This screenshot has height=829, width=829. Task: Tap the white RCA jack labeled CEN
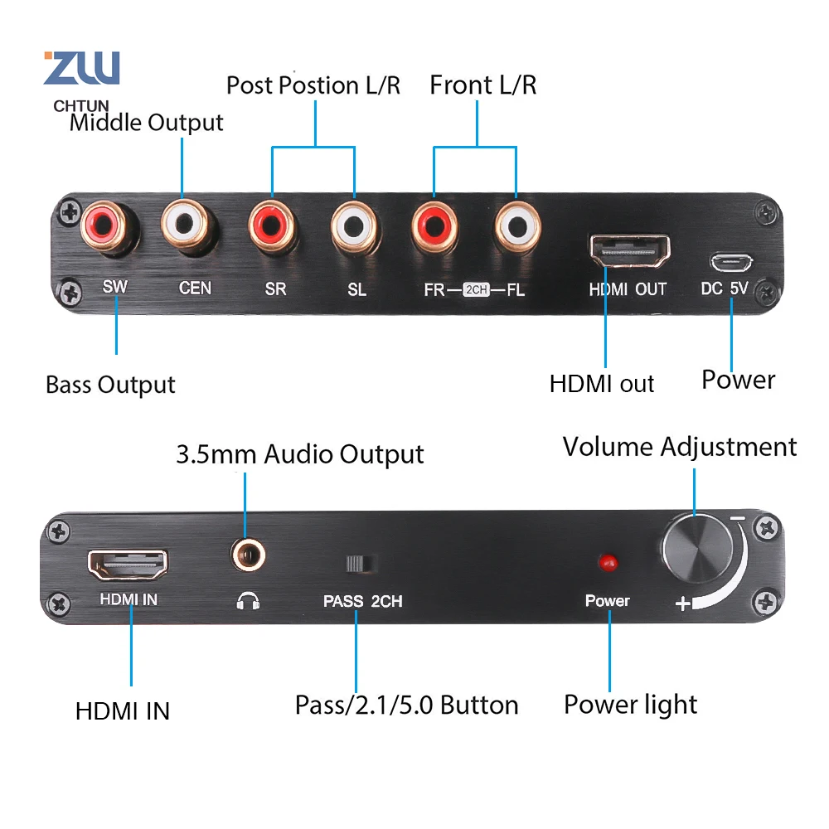click(x=191, y=224)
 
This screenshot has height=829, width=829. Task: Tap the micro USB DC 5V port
click(x=730, y=263)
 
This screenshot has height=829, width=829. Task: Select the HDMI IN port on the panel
click(x=128, y=565)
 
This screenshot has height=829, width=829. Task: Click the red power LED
click(x=608, y=563)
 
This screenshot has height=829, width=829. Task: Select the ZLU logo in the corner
click(x=81, y=68)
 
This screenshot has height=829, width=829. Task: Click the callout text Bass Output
click(x=110, y=385)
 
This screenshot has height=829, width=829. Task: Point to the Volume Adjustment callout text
click(x=680, y=447)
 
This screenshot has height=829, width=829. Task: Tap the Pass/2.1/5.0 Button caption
click(x=406, y=705)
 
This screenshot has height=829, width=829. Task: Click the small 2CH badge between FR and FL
click(x=476, y=291)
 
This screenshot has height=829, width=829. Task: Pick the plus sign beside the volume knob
click(x=683, y=604)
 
